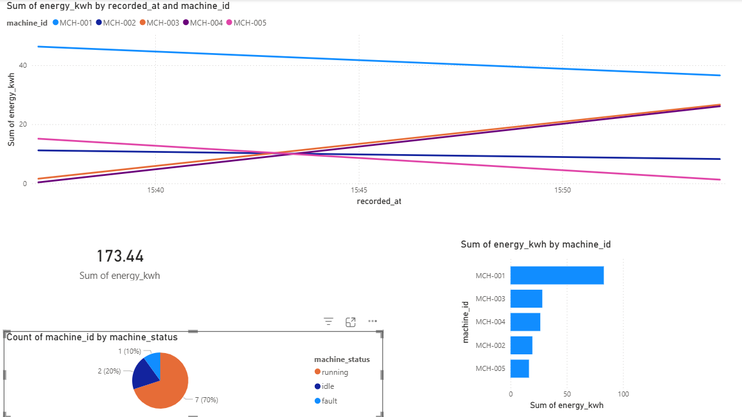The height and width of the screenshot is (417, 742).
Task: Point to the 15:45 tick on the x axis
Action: click(x=358, y=190)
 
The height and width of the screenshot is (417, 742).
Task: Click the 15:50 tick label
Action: click(x=562, y=190)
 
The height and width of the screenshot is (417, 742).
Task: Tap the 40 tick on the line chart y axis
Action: click(x=22, y=65)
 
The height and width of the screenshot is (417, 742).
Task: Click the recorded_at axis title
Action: click(x=379, y=201)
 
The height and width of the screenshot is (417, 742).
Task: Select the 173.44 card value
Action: click(x=120, y=256)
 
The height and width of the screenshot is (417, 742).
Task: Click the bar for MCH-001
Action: click(x=557, y=276)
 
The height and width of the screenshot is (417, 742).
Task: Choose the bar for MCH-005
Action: click(x=520, y=368)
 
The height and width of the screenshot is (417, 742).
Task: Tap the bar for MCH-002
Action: click(x=521, y=345)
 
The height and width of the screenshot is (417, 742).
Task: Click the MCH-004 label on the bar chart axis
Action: click(x=490, y=322)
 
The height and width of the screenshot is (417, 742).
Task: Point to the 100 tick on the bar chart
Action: click(x=623, y=394)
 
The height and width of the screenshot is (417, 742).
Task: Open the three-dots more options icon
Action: click(x=372, y=322)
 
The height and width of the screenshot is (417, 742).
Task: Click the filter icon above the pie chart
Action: click(x=329, y=322)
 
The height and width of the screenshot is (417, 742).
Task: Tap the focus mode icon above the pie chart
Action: click(x=351, y=322)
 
